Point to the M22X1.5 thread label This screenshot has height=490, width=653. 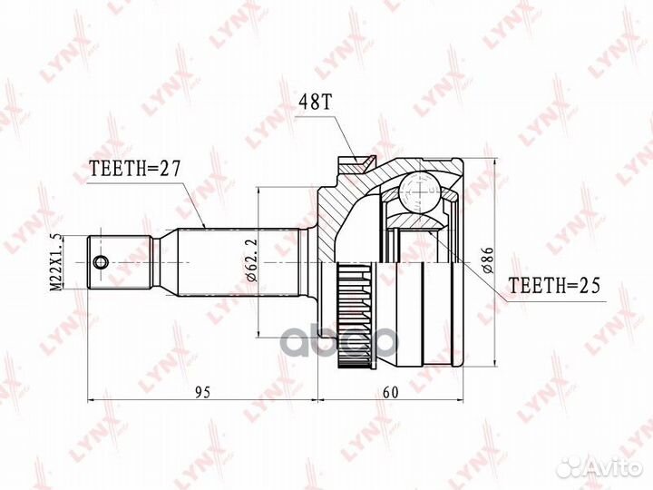pyautogui.click(x=56, y=261)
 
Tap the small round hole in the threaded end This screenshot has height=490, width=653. pyautogui.click(x=100, y=262)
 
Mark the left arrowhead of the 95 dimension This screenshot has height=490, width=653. pyautogui.click(x=91, y=400)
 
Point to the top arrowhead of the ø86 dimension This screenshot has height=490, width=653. pyautogui.click(x=495, y=163)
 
